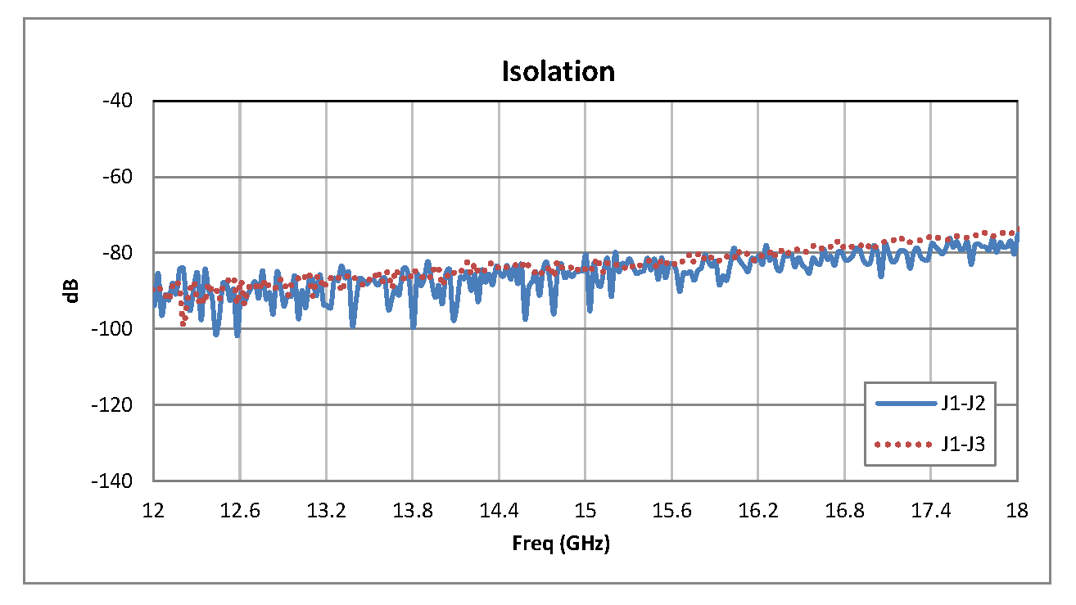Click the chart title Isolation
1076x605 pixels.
pyautogui.click(x=558, y=72)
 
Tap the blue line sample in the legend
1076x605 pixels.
pyautogui.click(x=905, y=403)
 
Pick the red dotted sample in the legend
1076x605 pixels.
pyautogui.click(x=905, y=445)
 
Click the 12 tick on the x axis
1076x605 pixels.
pyautogui.click(x=154, y=511)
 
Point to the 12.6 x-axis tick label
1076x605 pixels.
pyautogui.click(x=240, y=511)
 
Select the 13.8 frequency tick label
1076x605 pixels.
pyautogui.click(x=413, y=511)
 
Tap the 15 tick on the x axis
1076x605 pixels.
pyautogui.click(x=585, y=511)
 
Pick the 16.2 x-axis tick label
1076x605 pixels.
pyautogui.click(x=757, y=511)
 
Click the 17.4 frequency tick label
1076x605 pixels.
pyautogui.click(x=931, y=511)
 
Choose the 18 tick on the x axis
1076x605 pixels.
pyautogui.click(x=1017, y=511)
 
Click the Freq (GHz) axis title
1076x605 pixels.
pyautogui.click(x=561, y=544)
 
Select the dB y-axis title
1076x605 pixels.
pyautogui.click(x=73, y=291)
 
